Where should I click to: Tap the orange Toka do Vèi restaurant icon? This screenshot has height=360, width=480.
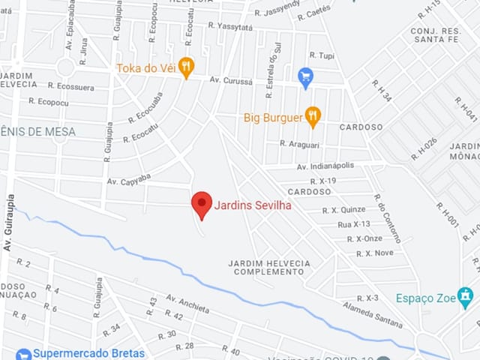[186, 67]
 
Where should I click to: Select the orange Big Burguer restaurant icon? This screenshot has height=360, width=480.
[313, 117]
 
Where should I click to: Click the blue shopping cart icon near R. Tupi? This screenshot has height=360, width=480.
[305, 76]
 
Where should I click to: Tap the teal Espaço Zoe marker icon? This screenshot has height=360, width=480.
[466, 294]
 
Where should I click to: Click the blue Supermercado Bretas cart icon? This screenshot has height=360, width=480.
[22, 354]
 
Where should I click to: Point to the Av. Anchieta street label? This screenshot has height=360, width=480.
[187, 303]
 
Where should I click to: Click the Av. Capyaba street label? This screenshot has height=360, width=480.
[129, 181]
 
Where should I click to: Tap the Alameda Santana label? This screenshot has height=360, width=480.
[372, 315]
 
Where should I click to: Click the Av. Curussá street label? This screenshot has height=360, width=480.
[232, 79]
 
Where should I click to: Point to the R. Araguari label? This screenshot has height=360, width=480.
[299, 142]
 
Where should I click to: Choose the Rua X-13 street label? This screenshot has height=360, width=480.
[354, 224]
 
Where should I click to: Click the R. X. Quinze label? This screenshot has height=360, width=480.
[344, 210]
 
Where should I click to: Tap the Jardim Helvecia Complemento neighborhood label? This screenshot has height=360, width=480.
[268, 268]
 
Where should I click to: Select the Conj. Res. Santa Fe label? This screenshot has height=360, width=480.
[433, 34]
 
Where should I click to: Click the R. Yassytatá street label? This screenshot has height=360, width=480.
[231, 25]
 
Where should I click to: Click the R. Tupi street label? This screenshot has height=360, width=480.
[322, 56]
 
